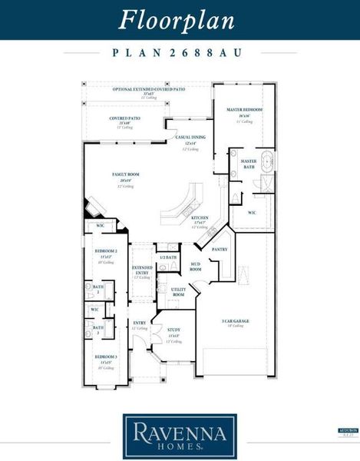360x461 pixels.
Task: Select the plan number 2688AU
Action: point(179,53)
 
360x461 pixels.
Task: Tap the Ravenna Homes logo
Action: point(180,435)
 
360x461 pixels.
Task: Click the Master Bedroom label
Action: point(244,110)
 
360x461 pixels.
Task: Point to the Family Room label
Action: point(125,176)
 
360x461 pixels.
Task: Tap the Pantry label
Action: point(220,250)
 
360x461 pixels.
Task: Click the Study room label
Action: point(174,330)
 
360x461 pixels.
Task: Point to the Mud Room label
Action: point(195,267)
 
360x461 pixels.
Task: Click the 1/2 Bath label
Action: point(168,257)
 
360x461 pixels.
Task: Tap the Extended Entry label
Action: point(143,270)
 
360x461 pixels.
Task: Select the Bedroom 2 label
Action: point(105,251)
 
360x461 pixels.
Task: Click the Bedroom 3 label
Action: point(105,357)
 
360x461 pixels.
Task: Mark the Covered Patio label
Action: point(124,118)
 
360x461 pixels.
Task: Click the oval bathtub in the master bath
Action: point(266,162)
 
